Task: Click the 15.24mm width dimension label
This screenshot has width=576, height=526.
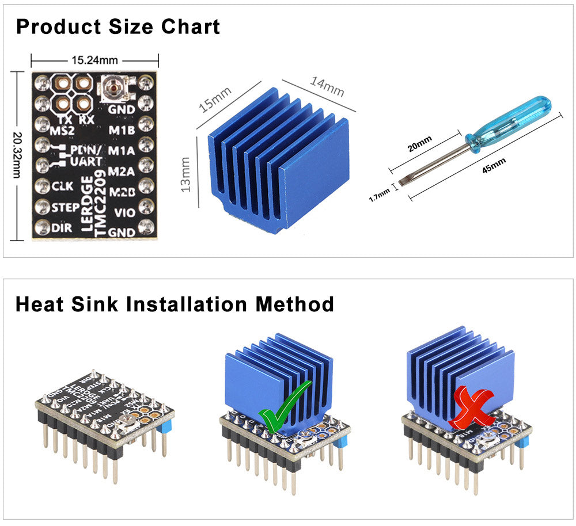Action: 94,59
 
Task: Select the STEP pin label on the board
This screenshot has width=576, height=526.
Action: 65,207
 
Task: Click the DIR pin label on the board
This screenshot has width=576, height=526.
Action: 62,228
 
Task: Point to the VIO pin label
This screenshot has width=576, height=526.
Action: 124,213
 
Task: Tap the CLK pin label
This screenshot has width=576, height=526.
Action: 62,186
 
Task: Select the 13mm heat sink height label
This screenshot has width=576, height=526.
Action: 185,175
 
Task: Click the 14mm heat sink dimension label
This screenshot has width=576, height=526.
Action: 327,86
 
